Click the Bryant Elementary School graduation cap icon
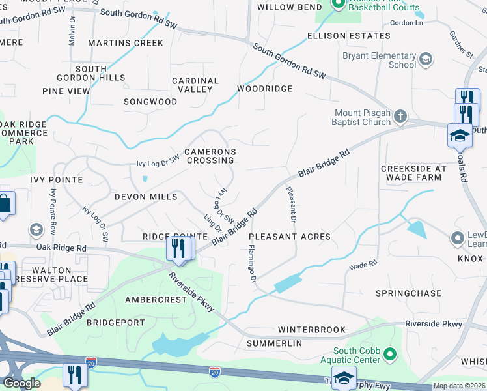point(426,60)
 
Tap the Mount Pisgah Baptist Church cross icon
point(401,117)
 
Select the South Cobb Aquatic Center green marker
point(390,355)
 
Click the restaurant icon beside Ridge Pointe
point(176,248)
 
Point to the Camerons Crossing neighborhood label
point(210,156)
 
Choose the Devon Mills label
point(146,196)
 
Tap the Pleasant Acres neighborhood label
point(290,237)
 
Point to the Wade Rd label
point(363,265)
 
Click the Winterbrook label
point(312,330)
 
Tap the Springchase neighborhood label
point(408,293)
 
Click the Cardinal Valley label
point(195,85)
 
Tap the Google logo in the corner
point(21,383)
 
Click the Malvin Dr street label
point(72,31)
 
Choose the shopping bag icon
point(5,204)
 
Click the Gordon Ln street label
point(406,23)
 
